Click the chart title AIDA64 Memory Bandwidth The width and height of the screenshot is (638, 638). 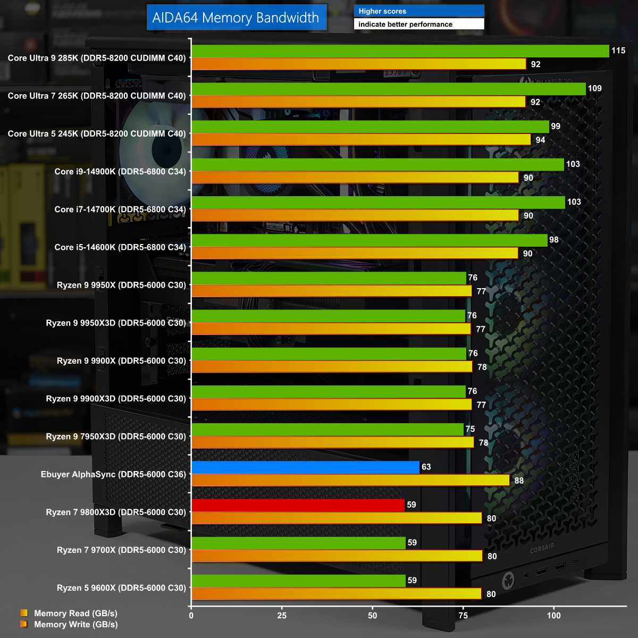click(x=236, y=18)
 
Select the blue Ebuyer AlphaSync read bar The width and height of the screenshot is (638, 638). click(x=305, y=467)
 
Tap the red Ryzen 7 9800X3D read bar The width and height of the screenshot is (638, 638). click(x=298, y=505)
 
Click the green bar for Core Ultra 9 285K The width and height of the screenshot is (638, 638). click(x=400, y=51)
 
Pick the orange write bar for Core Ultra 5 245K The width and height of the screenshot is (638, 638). click(x=361, y=140)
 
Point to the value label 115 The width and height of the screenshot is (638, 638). click(x=618, y=51)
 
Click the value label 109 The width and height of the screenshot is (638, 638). click(x=594, y=88)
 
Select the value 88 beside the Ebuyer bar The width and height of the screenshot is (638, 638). click(x=519, y=481)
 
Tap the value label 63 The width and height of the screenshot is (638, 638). click(x=426, y=467)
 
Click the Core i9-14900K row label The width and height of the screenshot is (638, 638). click(x=120, y=171)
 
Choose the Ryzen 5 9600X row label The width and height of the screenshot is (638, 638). click(x=121, y=587)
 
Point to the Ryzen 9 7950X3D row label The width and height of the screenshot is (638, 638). click(x=116, y=436)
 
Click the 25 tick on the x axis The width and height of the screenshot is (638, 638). click(x=282, y=616)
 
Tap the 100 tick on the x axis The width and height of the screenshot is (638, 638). click(x=553, y=616)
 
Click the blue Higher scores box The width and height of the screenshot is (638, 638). click(x=419, y=11)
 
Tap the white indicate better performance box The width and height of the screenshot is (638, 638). click(x=419, y=24)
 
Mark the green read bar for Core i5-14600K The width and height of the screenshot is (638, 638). click(x=369, y=240)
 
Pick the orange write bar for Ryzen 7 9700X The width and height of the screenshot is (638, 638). click(x=337, y=556)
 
